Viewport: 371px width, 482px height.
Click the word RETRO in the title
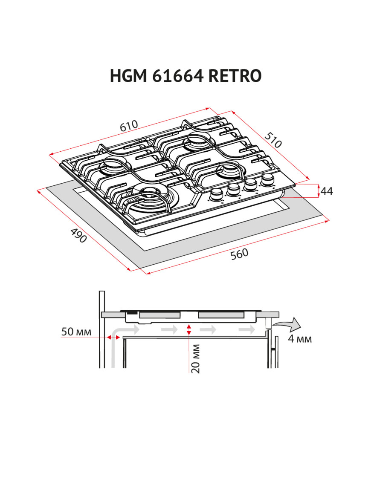pos(235,76)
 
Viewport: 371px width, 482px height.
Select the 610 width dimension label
pos(129,127)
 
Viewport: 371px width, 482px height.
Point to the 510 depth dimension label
pos(273,140)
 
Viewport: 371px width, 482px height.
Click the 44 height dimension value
pos(327,191)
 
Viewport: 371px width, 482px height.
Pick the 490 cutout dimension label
pos(78,236)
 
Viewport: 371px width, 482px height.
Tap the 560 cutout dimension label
pos(239,254)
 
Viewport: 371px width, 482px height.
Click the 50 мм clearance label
pos(76,332)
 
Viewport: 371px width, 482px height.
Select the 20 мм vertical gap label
pos(196,358)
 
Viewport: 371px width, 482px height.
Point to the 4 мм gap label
pos(300,339)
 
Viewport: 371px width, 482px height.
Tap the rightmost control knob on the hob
pos(268,179)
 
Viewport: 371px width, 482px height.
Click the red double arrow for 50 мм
pos(113,337)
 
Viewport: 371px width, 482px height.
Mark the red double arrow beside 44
pos(319,191)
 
